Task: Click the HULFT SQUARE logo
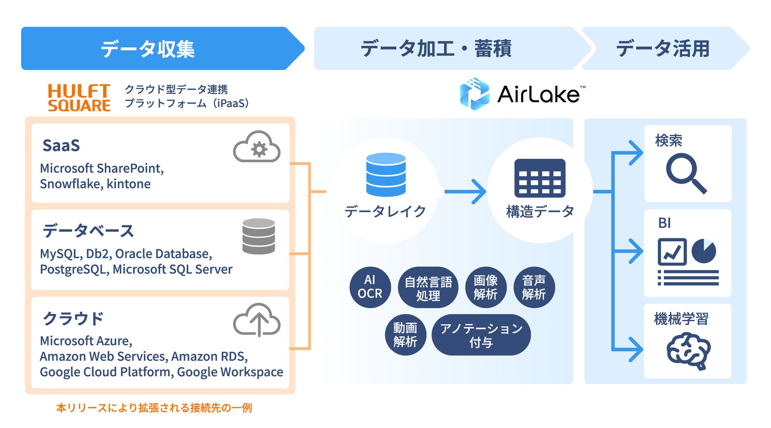click(x=79, y=98)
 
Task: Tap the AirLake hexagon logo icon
click(x=474, y=94)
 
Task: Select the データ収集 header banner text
click(x=147, y=49)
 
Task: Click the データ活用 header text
click(x=663, y=49)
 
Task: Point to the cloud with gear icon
click(x=257, y=147)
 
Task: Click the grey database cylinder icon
click(x=259, y=236)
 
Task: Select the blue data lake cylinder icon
click(x=386, y=174)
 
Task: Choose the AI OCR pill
click(x=370, y=287)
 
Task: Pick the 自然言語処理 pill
click(x=428, y=288)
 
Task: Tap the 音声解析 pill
click(x=534, y=287)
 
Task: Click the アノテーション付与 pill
click(x=481, y=335)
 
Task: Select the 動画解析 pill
click(x=405, y=335)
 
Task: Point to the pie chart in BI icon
click(x=704, y=251)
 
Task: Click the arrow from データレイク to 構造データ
click(x=465, y=192)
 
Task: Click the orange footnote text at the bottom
click(x=154, y=408)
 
